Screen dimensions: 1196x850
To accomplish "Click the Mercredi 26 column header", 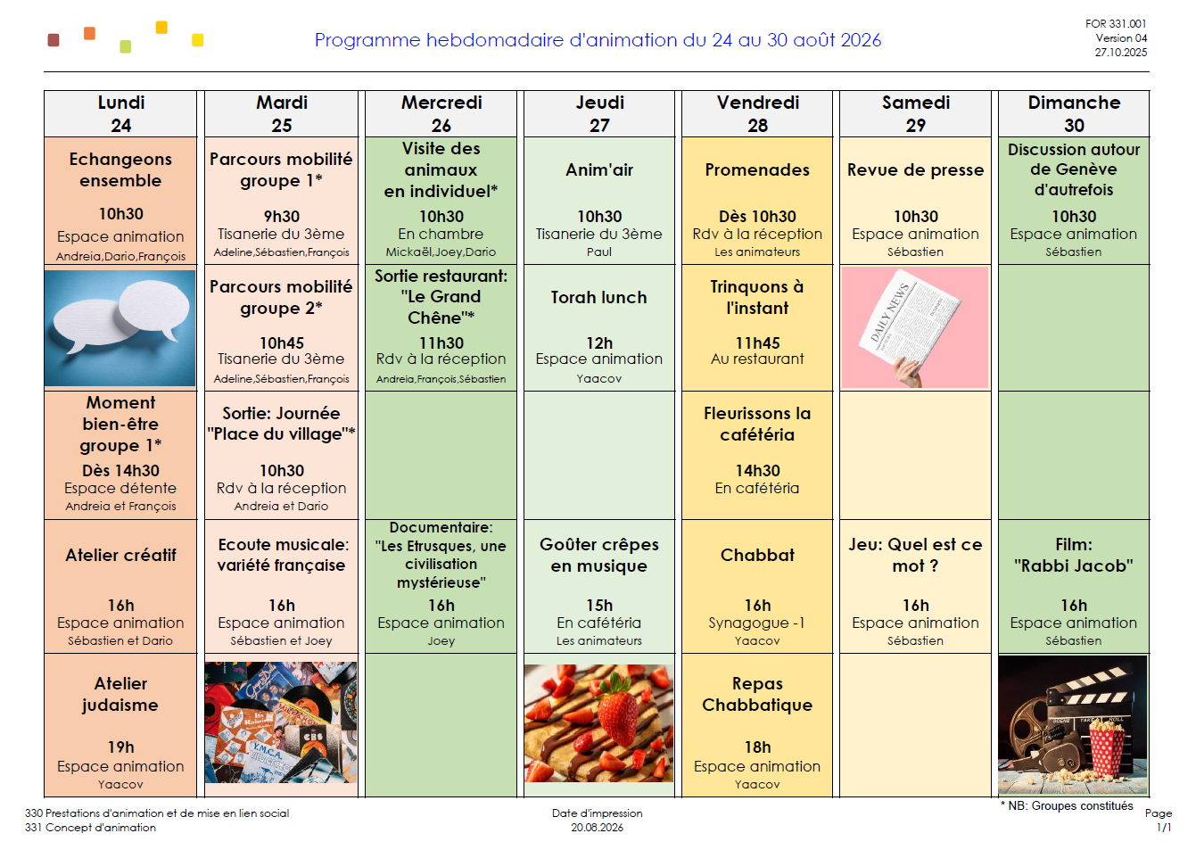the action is (x=441, y=114).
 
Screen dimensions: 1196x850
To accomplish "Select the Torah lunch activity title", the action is (x=599, y=297).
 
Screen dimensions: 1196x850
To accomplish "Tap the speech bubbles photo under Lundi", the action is (x=120, y=328).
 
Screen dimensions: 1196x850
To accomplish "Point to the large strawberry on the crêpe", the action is (x=619, y=706).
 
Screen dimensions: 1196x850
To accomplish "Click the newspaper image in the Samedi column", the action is (x=915, y=327).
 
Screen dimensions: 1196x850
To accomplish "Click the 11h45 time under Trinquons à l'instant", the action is (x=757, y=342).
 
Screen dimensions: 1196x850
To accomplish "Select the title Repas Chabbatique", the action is (x=757, y=694).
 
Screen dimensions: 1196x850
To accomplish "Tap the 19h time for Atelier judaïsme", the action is (x=120, y=747).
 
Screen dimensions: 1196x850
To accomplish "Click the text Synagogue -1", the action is (x=757, y=623).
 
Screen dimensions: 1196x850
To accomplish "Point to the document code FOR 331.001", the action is (x=1116, y=24).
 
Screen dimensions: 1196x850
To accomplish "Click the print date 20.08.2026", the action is (x=597, y=828).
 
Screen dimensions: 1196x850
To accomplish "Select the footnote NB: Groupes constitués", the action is (x=1067, y=805).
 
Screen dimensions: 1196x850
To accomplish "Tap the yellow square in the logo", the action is (x=198, y=40).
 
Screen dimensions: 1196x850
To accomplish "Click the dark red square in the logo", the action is (x=54, y=40).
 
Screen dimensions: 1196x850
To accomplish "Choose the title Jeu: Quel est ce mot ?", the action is (x=915, y=556).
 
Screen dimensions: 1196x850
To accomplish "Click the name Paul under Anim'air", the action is (x=599, y=252).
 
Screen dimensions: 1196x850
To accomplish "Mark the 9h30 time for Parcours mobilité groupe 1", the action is (x=281, y=216).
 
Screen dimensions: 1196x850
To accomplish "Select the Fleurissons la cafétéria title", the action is (x=757, y=424).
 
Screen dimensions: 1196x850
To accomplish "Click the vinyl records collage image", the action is (x=281, y=722).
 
